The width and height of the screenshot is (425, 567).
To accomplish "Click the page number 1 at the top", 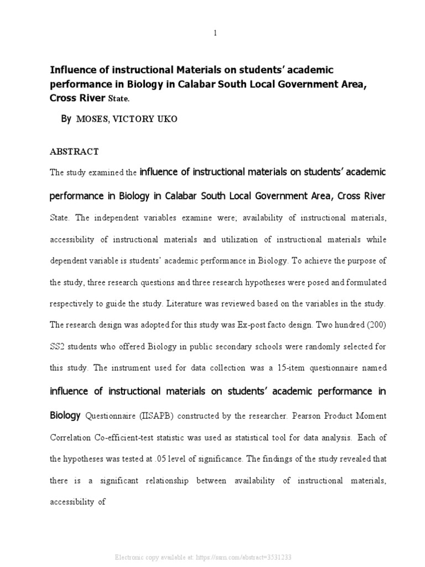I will (x=215, y=33).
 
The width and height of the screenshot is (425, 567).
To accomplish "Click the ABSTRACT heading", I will (x=74, y=151).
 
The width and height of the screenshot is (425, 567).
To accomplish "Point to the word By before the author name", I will (x=66, y=119).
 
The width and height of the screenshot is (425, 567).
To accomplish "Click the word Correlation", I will (x=72, y=437).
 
